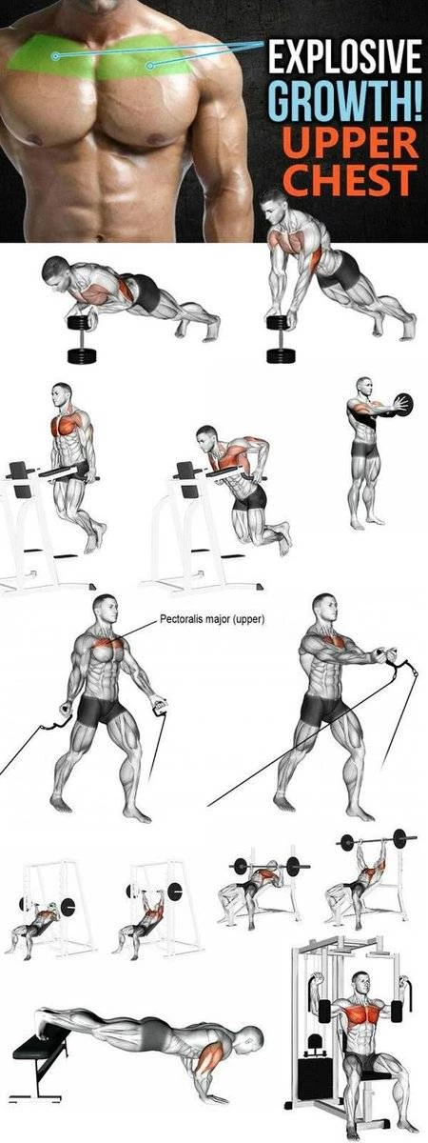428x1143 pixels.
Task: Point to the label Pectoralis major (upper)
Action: pyautogui.click(x=212, y=620)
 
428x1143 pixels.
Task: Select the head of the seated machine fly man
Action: pyautogui.click(x=360, y=982)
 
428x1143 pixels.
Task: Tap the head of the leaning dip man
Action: pyautogui.click(x=206, y=436)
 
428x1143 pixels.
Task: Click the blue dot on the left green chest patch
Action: pyautogui.click(x=54, y=55)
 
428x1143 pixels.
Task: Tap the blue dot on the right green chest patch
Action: pyautogui.click(x=149, y=66)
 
